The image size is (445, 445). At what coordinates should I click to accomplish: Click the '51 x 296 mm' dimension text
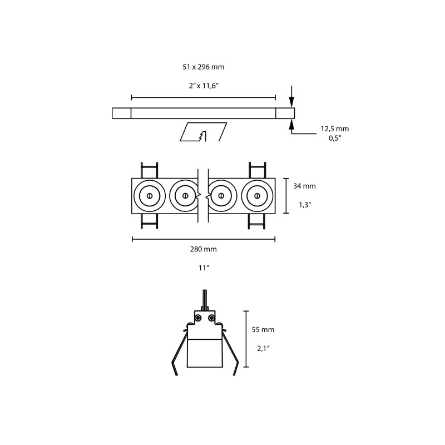click(x=203, y=67)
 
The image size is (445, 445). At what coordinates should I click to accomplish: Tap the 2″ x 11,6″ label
click(x=204, y=86)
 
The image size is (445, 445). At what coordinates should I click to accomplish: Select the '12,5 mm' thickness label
click(x=335, y=129)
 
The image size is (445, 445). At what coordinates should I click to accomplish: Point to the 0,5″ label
click(x=335, y=138)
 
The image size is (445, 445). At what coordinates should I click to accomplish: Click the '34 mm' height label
click(x=304, y=186)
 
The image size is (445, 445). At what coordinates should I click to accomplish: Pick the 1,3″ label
click(x=305, y=205)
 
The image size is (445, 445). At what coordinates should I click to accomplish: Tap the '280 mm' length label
click(x=203, y=249)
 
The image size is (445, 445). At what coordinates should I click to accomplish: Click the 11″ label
click(x=204, y=268)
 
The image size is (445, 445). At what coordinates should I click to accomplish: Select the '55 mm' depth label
click(x=263, y=330)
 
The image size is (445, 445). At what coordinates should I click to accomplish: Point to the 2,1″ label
click(x=263, y=349)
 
